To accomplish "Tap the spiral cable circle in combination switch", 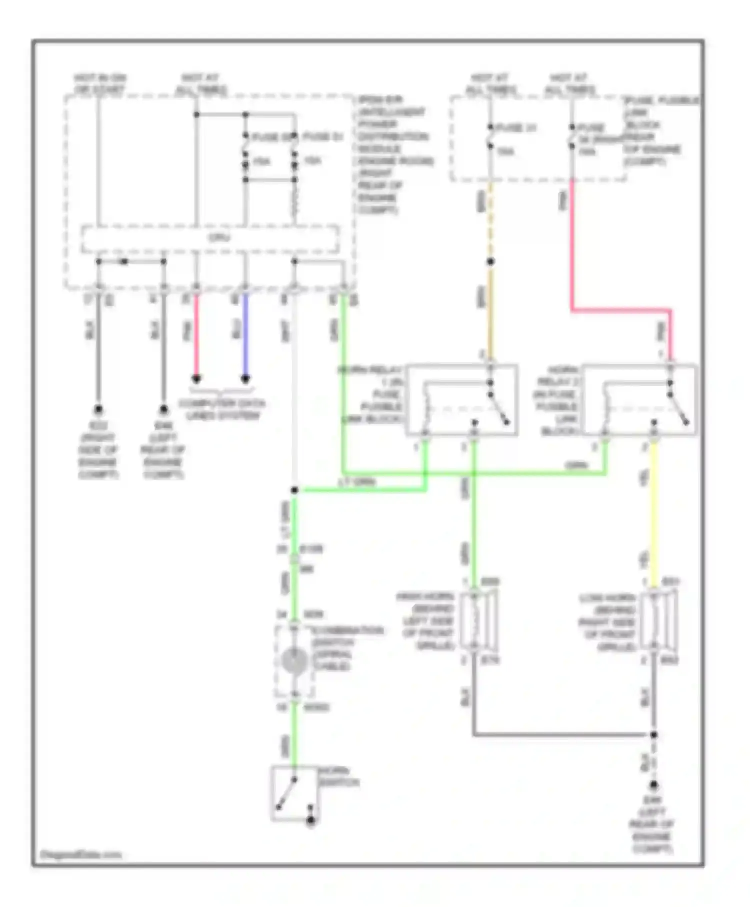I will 294,661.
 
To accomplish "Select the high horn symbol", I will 478,620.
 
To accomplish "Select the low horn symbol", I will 659,621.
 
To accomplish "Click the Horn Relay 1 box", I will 461,399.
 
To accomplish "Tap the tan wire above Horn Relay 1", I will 491,315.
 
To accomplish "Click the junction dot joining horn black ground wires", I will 654,735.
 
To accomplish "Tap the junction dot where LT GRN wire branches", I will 294,490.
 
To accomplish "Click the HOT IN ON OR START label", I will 100,84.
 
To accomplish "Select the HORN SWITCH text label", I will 339,777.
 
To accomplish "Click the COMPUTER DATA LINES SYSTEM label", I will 222,409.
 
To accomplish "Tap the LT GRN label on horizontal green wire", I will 357,482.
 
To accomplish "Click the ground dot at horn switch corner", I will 311,820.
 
